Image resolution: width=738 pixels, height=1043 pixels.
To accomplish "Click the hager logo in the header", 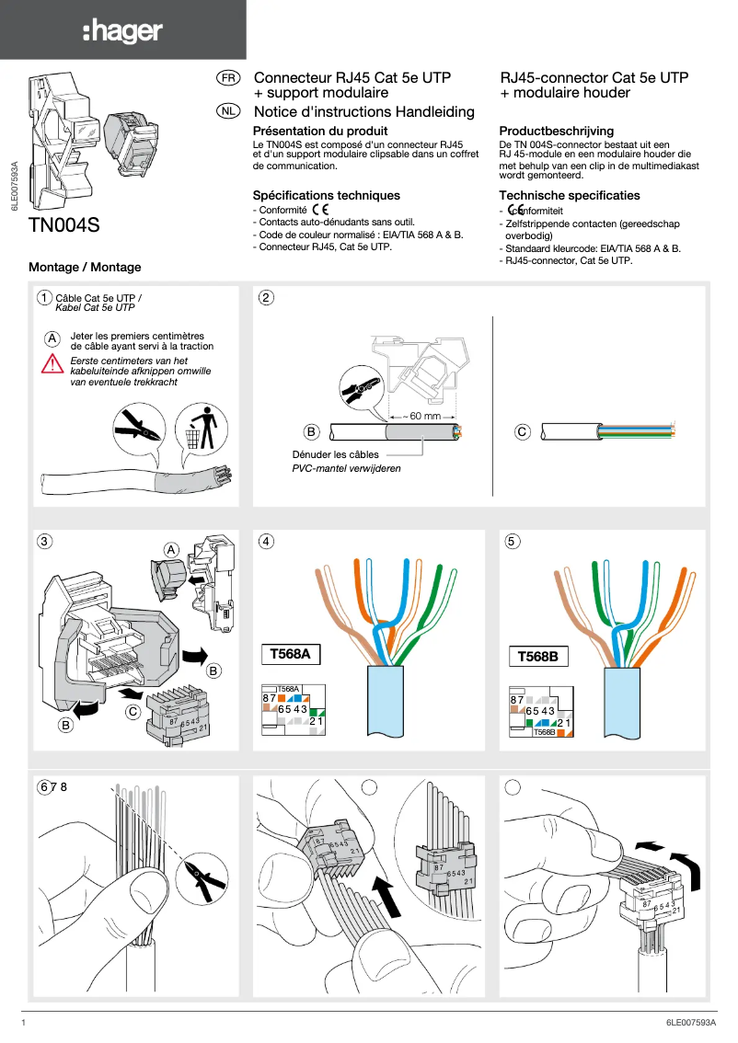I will click(x=122, y=31).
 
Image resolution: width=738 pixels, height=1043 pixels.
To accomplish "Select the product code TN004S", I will click(x=63, y=225).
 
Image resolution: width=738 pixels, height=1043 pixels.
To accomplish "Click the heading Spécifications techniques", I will click(x=326, y=195).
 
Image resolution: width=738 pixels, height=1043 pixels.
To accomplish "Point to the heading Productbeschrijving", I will click(x=556, y=132).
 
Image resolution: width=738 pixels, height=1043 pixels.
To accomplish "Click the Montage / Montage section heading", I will click(x=85, y=267).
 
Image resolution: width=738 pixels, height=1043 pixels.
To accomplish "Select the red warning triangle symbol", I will click(x=52, y=363).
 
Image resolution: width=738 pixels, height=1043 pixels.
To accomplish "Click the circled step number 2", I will click(x=266, y=297).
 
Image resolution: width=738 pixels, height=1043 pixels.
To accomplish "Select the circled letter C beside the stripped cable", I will click(x=522, y=430).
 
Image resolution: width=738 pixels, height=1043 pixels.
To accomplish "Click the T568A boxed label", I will click(x=290, y=654).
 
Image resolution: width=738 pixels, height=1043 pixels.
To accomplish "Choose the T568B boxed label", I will click(x=538, y=657).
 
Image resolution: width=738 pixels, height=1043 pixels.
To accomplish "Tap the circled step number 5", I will click(x=513, y=541).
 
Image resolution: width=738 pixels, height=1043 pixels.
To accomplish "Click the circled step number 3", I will click(x=44, y=541).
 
